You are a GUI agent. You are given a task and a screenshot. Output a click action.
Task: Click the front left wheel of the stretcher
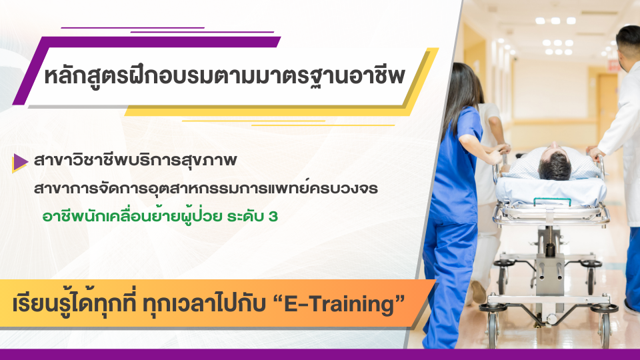tap(493, 326)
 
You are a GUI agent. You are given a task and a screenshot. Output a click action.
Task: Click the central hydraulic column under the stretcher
tap(548, 267)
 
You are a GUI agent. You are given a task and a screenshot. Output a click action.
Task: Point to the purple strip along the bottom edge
tap(320, 354)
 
